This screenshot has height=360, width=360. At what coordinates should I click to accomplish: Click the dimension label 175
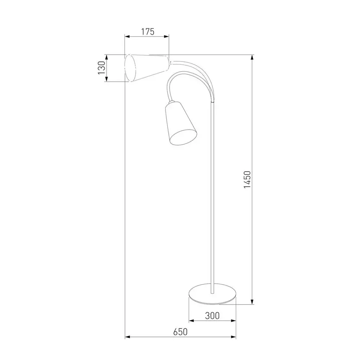coord(148,32)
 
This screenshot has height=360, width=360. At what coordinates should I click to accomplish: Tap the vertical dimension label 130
coord(102,68)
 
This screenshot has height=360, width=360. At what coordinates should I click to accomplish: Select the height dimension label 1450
coord(247,180)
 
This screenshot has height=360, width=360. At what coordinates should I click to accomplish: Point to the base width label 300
coord(212,316)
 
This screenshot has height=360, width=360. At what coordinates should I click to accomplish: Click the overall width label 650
coord(180,332)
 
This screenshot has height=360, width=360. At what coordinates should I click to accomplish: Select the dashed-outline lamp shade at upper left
coord(147,68)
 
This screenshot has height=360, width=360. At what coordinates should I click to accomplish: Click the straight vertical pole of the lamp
coord(213,197)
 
